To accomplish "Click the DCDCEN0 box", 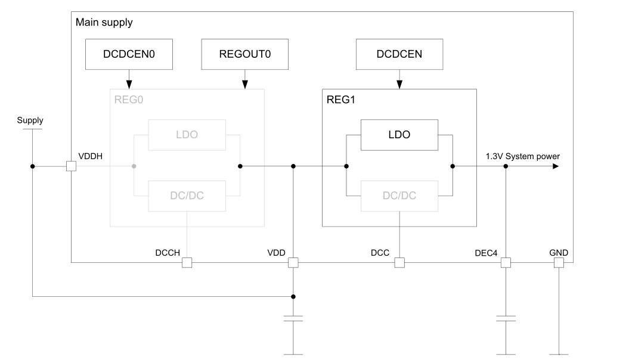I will coord(129,54).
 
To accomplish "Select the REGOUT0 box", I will coord(244,54).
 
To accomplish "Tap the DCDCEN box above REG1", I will coord(399,54).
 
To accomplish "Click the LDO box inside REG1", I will coord(399,135).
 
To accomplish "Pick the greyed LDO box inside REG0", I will coord(187,135).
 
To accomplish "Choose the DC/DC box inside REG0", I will coord(187,195).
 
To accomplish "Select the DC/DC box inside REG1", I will coord(399,195).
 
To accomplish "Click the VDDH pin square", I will coord(71,166).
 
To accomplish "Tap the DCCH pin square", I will coord(187,262).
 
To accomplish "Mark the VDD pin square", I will coord(293,262).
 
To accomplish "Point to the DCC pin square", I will coord(399,262).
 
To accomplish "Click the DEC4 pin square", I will coord(506,262).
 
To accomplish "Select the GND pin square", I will coord(559,262).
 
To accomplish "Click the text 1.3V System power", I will coord(522,156).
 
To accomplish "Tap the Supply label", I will coord(30,120).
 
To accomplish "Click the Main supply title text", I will coord(104,23).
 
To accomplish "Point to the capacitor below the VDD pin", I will coord(293,318).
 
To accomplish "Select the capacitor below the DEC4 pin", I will coord(506,318).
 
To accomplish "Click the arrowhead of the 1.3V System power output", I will coord(555,166).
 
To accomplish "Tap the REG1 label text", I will coord(340,99).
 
